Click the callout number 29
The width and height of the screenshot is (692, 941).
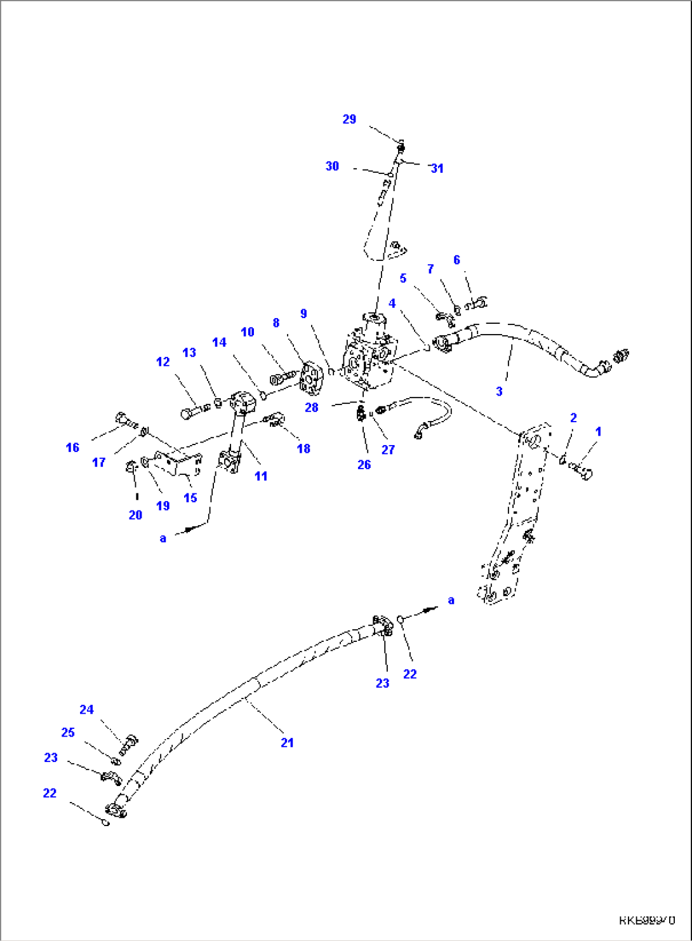[349, 119]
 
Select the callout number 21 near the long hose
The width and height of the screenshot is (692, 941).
[287, 742]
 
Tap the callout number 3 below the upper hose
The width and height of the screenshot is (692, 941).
[499, 391]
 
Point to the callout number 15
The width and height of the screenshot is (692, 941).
[190, 498]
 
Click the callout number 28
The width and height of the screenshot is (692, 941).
[311, 408]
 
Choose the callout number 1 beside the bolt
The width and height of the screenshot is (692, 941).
[597, 432]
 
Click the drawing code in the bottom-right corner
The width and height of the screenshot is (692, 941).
[647, 919]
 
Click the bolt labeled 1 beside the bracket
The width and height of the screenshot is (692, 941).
[581, 471]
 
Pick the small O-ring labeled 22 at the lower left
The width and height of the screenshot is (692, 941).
[107, 823]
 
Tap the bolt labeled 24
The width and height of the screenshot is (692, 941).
[130, 742]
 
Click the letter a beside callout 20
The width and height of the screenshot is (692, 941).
[163, 538]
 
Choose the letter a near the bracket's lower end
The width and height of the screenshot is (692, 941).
[451, 600]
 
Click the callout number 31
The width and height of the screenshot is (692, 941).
[437, 168]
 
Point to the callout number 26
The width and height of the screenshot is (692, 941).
[364, 465]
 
